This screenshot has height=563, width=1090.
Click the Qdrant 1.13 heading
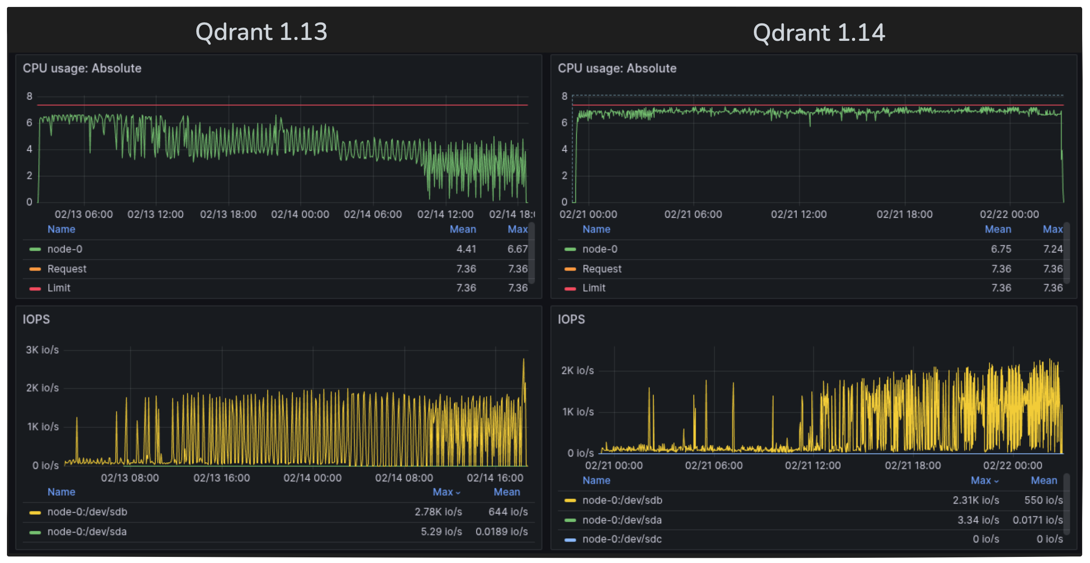point(261,32)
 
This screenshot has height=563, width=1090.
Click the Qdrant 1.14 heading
point(819,33)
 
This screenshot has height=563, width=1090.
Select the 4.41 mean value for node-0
point(466,249)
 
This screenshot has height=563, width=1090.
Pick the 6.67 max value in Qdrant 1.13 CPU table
point(517,249)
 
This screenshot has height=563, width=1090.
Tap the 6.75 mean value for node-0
point(1001,249)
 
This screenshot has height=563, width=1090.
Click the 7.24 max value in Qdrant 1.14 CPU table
point(1053,249)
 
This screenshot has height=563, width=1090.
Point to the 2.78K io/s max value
point(438,512)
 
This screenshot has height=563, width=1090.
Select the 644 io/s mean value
point(508,512)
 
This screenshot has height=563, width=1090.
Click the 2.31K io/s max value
point(975,500)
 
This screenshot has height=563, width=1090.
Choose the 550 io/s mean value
point(1043,500)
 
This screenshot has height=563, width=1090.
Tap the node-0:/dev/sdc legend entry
point(621,539)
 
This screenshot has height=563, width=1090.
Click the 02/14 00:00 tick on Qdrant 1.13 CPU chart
point(300,214)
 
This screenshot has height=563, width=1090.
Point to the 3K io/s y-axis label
point(42,350)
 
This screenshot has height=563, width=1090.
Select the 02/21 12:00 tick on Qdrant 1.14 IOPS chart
point(813,465)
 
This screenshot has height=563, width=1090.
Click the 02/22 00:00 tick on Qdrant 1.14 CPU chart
point(1009,214)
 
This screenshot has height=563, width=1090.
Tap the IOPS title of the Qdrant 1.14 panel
point(571,319)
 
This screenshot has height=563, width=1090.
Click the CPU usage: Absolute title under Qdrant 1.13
point(82,68)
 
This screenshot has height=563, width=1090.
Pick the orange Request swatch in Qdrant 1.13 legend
point(35,269)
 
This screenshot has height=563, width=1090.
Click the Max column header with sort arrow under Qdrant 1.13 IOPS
point(446,492)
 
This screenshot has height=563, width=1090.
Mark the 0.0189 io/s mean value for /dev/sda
point(501,532)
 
